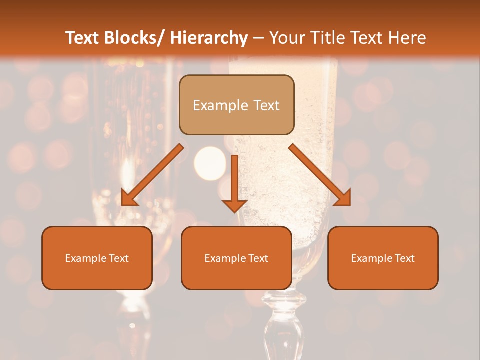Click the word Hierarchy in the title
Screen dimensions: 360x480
coord(208,38)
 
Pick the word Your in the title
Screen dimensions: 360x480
coord(287,38)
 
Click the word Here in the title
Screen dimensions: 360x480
coord(407,38)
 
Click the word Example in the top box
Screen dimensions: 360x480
coord(217,105)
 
